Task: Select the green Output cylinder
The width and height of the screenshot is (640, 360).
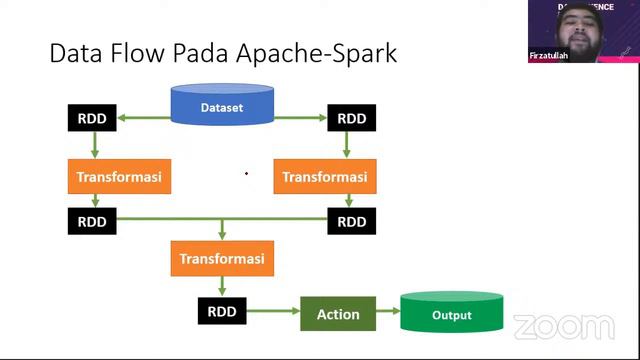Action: tap(451, 314)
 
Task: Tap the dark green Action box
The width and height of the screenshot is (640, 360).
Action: tap(338, 314)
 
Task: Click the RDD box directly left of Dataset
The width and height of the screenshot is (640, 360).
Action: tap(92, 118)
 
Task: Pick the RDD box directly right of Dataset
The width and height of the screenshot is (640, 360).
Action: tap(351, 118)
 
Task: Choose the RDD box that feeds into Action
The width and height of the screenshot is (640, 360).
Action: tap(222, 311)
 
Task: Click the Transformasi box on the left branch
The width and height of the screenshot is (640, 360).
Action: tap(114, 177)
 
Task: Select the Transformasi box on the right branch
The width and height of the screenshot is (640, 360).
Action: tap(324, 177)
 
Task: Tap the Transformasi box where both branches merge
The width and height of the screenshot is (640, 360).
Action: tap(222, 259)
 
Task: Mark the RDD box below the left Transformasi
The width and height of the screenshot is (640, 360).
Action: tap(92, 221)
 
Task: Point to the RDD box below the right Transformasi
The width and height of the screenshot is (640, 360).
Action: tap(351, 221)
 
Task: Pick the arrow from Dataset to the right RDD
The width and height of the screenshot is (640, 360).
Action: tap(300, 118)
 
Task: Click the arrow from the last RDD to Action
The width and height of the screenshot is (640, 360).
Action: tap(273, 312)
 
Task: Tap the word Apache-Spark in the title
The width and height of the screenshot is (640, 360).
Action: tap(318, 53)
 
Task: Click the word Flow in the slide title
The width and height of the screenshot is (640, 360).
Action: tap(143, 53)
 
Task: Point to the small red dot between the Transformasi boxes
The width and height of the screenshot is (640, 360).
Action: tap(246, 174)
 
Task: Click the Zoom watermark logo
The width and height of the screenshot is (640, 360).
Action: tap(563, 327)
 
